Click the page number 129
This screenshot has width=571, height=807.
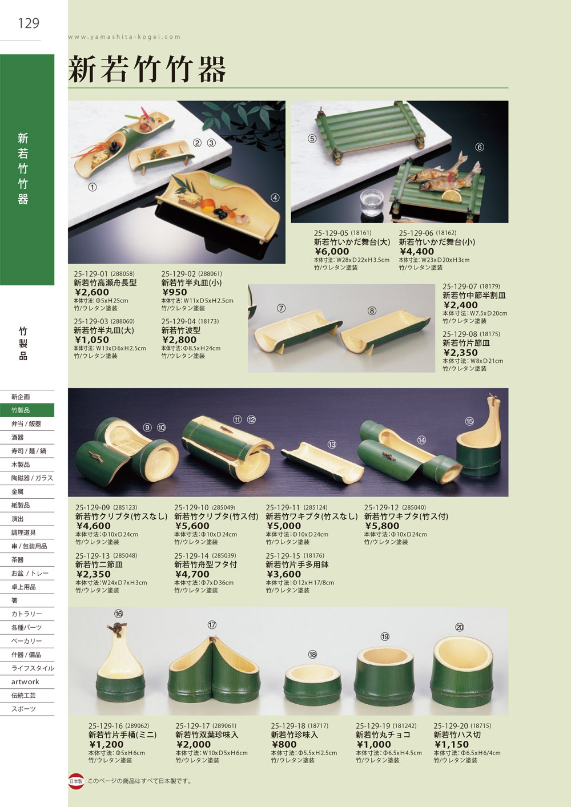click(29, 23)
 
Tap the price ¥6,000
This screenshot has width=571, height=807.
click(332, 252)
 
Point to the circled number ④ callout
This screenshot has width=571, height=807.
click(275, 198)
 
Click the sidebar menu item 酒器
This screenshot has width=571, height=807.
click(17, 437)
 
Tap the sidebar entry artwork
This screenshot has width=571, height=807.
click(25, 681)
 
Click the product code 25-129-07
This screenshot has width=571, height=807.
click(460, 287)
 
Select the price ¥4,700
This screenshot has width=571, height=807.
click(192, 574)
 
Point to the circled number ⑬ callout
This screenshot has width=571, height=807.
click(332, 444)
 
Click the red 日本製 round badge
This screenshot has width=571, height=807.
click(76, 781)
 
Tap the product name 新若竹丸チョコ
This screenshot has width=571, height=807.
click(383, 735)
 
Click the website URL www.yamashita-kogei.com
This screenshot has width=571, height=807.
click(124, 37)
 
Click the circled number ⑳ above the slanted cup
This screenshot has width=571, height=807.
click(459, 627)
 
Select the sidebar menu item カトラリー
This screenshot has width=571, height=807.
click(26, 614)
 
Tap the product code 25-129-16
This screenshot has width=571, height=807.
click(106, 726)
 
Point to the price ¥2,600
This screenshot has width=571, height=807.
click(92, 292)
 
